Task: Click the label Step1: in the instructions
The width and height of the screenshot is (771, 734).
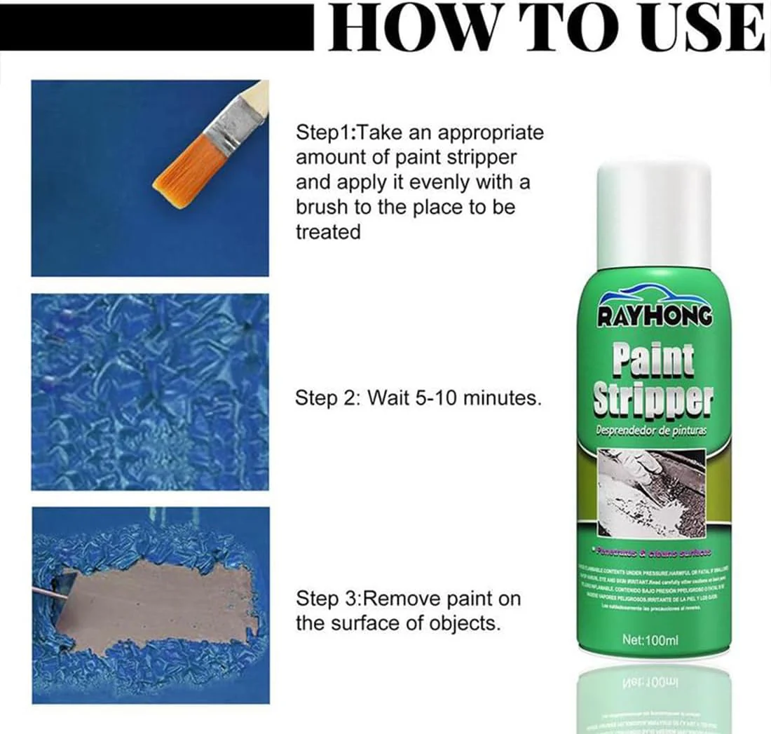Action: tap(327, 132)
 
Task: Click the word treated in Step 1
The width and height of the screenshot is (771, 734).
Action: tap(327, 232)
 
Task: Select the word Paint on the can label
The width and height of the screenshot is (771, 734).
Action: tap(653, 358)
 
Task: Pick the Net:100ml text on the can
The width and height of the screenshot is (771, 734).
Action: tap(651, 640)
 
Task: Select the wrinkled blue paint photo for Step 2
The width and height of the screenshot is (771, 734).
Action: tap(150, 391)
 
